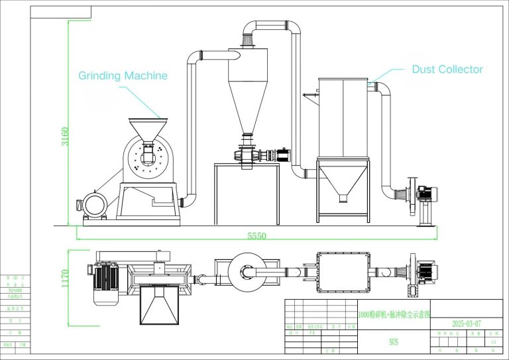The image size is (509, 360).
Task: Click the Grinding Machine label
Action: tap(123, 76)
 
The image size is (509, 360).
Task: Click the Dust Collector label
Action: tap(447, 69)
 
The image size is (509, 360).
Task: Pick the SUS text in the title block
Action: tap(394, 342)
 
